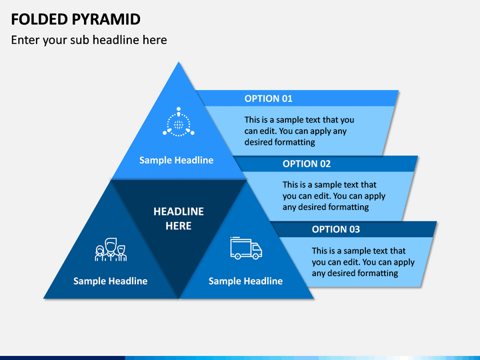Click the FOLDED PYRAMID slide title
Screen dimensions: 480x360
click(75, 19)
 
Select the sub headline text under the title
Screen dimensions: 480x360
click(89, 40)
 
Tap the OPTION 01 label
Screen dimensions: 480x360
click(269, 99)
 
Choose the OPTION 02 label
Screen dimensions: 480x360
click(307, 164)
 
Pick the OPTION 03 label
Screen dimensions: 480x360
click(336, 229)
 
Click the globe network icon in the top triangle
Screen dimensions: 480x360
click(179, 122)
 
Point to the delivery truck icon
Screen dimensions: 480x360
click(246, 248)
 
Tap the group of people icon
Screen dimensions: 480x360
click(111, 249)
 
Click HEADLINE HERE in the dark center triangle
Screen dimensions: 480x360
click(179, 219)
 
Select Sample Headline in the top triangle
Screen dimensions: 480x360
click(176, 160)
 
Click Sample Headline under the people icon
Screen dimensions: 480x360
click(111, 281)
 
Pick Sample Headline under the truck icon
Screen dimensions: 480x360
click(245, 281)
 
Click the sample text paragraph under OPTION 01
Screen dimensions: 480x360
click(299, 131)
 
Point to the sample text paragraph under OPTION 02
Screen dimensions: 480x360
click(334, 196)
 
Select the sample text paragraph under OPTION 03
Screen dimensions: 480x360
click(363, 262)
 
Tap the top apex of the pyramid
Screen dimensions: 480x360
click(179, 62)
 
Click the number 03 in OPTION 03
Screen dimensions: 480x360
click(354, 229)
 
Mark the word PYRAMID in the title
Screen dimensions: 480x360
click(106, 19)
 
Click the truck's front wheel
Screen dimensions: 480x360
click(255, 257)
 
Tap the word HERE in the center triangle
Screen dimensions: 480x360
click(179, 226)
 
